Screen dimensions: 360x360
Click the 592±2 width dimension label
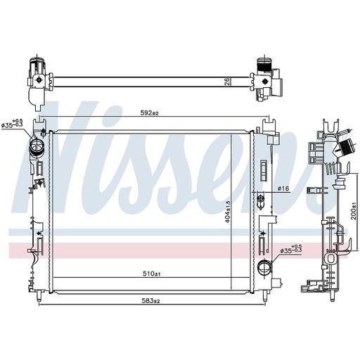tap(150, 113)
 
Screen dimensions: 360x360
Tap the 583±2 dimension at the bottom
tap(150, 301)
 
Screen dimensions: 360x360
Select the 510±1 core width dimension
tap(152, 274)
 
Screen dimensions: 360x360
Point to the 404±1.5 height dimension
tap(228, 212)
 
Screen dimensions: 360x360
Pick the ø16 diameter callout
tap(283, 188)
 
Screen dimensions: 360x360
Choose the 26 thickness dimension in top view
tap(227, 82)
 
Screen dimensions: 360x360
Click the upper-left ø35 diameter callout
tap(12, 124)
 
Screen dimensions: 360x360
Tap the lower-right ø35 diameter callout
tap(291, 250)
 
